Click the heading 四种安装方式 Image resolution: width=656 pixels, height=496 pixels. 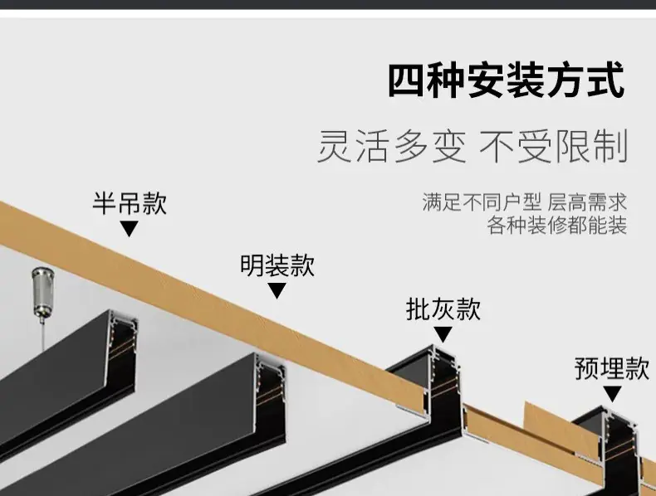pos(507,80)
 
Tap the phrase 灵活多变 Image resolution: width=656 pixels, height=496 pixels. pos(392,146)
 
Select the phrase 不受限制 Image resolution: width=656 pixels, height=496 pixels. pos(553,146)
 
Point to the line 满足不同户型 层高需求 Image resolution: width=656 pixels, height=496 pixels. pos(524,202)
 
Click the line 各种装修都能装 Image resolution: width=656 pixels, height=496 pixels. pos(557,226)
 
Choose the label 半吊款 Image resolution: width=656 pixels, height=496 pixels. pos(130,203)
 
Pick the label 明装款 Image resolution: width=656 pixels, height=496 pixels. pos(277,265)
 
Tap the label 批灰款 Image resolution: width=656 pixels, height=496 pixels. pos(443,309)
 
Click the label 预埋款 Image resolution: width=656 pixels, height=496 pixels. pos(612,368)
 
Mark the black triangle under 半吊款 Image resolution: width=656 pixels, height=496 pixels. pos(130,228)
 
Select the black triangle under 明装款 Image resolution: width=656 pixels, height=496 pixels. pos(277,290)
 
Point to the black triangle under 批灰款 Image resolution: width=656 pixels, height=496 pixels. pos(443,334)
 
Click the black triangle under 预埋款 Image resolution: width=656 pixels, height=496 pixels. pos(612,394)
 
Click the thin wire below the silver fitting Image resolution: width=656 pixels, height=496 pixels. pos(42,333)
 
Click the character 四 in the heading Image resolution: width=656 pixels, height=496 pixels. pos(407,80)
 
